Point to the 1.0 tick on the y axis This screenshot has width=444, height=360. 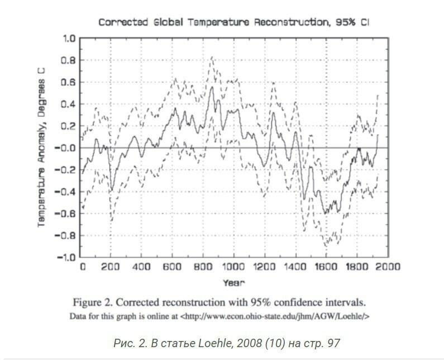pos(69,38)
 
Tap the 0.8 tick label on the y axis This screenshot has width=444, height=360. pos(69,60)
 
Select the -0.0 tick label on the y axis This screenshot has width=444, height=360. pos(65,148)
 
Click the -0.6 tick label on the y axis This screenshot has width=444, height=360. pos(65,214)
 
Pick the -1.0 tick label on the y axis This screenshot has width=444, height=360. pos(65,257)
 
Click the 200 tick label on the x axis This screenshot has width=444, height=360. pos(111,267)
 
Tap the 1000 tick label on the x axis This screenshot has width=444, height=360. pos(233,267)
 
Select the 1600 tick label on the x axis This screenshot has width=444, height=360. pos(326,267)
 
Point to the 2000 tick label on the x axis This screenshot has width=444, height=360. pos(388,267)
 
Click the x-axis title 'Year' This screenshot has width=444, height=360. pos(233,283)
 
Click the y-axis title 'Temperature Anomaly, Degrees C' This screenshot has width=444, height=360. pos(41,148)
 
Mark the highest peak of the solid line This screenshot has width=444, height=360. pos(212,87)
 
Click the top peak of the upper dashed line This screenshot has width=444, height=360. pos(212,57)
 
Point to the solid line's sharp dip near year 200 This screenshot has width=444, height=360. pos(112,190)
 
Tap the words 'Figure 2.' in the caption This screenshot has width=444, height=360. pos(93,302)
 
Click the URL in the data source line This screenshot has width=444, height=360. pos(275,316)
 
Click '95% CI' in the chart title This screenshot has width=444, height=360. pos(352,22)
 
